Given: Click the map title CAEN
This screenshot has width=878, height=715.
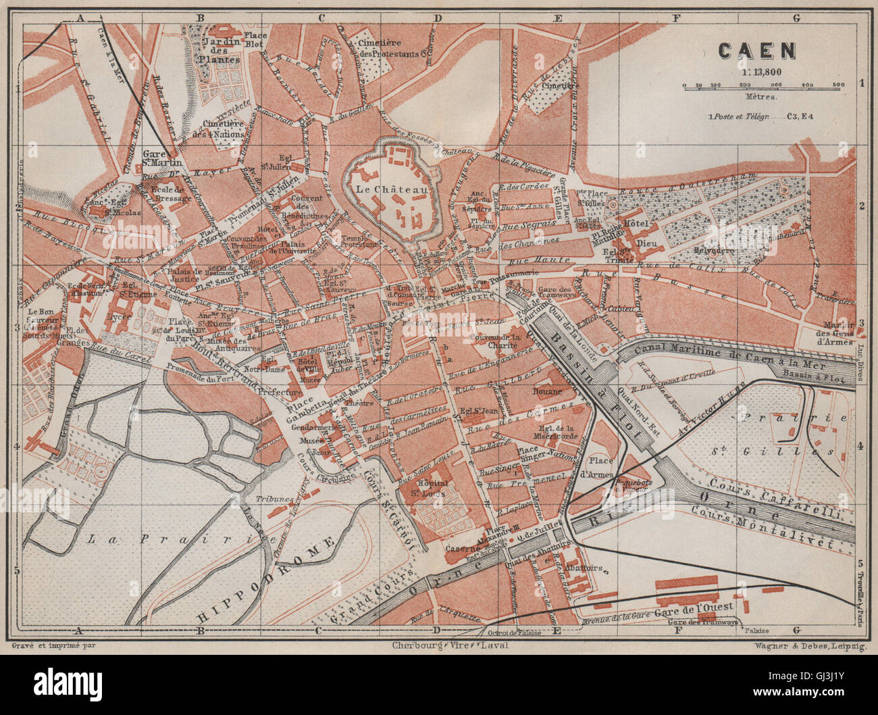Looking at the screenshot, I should point(756,51).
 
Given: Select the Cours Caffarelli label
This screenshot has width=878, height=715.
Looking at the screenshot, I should point(777,499).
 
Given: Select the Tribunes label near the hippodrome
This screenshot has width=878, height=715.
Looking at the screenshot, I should point(274,499).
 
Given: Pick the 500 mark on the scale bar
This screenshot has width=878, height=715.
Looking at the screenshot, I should point(838,85).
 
